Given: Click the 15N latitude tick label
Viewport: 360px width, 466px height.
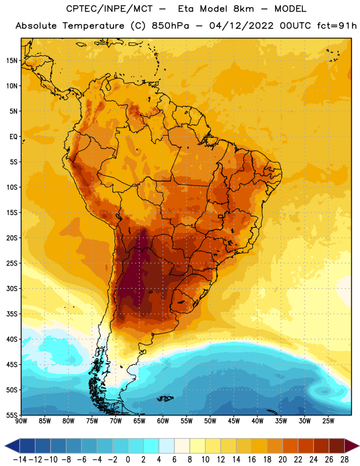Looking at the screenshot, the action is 12,61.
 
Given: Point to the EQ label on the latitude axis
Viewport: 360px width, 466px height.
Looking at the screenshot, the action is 13,137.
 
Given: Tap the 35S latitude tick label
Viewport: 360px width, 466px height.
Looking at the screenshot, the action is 12,314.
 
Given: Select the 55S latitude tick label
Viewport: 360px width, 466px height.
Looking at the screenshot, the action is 12,415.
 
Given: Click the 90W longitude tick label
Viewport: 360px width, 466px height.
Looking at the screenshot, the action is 21,421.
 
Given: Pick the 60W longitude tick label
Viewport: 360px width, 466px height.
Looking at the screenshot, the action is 163,421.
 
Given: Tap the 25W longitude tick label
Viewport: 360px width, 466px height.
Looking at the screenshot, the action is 328,421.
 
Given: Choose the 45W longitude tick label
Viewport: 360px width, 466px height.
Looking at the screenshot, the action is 234,421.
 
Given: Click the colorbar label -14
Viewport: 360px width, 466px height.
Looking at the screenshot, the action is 20,460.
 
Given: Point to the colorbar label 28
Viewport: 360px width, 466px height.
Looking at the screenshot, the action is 344,460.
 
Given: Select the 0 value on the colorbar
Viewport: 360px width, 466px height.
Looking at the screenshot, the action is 128,460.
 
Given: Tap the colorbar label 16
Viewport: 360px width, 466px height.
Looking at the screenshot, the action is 252,460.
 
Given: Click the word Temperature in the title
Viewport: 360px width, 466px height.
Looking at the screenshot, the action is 93,26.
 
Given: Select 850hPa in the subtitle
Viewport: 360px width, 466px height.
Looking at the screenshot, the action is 170,26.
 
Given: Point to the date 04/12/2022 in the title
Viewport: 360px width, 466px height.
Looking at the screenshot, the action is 241,26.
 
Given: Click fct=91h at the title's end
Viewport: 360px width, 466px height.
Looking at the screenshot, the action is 337,26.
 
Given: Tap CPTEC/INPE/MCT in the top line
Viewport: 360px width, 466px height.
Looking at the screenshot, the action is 110,9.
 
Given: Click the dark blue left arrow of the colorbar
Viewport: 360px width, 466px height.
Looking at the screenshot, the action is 12,446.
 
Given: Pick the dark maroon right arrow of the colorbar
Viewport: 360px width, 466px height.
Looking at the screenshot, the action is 352,446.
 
